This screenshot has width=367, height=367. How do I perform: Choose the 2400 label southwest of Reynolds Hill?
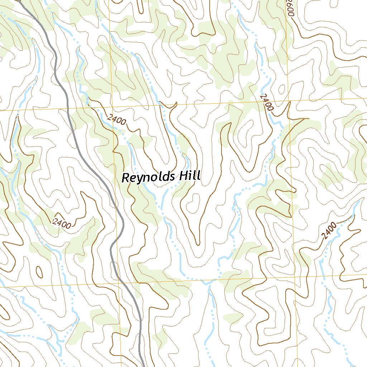61,223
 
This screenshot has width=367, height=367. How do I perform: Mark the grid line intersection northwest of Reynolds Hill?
113,107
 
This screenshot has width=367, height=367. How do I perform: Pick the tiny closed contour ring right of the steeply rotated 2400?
282,88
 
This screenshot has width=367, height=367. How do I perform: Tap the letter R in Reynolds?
126,177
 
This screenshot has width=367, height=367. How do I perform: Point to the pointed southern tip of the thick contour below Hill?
197,244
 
